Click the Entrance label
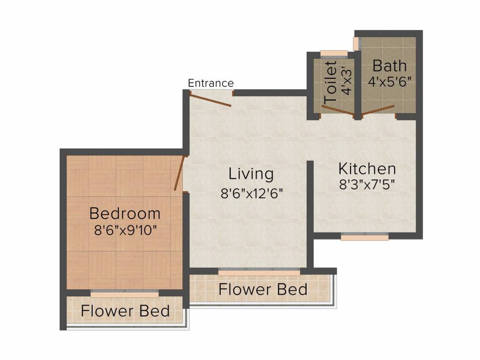[210, 83]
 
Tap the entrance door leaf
[211, 99]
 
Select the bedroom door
[179, 173]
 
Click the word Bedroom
[125, 214]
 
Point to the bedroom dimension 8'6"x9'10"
[125, 230]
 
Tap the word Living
[251, 174]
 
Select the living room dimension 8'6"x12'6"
[252, 193]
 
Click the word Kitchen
[367, 168]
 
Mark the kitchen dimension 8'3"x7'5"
[367, 184]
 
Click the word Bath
[390, 65]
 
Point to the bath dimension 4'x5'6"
[390, 81]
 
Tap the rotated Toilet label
[331, 82]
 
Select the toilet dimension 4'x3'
[346, 82]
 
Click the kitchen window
[364, 237]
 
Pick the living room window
[259, 271]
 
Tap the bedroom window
[125, 293]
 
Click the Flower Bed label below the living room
[263, 290]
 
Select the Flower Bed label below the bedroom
[125, 311]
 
